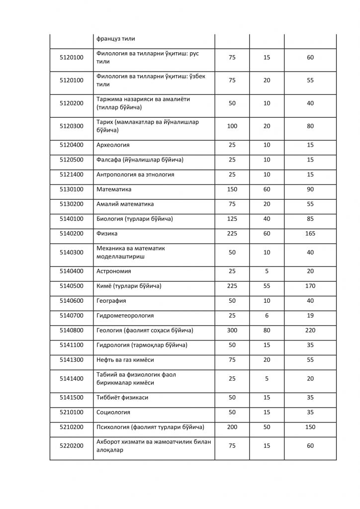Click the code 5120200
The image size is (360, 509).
(72, 103)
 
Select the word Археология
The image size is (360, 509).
(113, 145)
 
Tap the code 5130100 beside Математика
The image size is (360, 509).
(72, 189)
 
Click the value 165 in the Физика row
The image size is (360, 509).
(310, 233)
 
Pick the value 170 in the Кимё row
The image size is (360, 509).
(310, 286)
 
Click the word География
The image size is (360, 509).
(111, 301)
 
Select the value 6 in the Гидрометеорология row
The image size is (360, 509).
(267, 316)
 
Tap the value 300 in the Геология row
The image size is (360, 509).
(232, 330)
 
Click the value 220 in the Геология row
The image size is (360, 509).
(310, 330)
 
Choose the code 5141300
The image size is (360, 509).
(72, 359)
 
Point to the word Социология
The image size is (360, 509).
(113, 412)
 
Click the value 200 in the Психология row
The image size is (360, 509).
(232, 427)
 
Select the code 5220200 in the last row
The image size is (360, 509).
(72, 446)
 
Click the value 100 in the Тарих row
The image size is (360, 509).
(232, 126)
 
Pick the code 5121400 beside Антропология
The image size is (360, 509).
(72, 174)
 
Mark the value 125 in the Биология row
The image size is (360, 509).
(232, 219)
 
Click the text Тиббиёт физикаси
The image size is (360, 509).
(122, 398)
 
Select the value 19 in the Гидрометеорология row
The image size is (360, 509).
(310, 316)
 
